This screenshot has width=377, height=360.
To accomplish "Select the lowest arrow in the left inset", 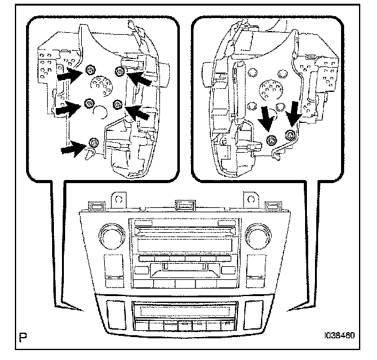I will coord(71,148).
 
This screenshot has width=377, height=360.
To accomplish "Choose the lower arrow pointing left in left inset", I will coord(138,112).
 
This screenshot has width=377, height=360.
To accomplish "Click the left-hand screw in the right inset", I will coord(270,139).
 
